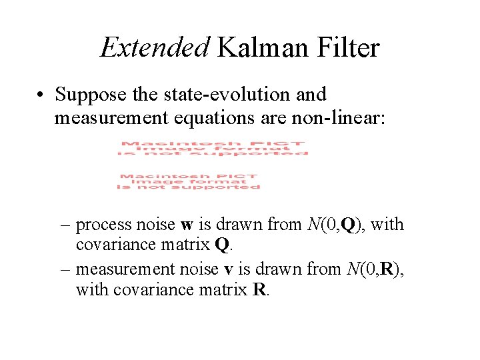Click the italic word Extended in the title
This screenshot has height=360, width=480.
155,47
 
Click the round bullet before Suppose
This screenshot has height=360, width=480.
41,95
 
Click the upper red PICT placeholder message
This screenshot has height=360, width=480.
213,148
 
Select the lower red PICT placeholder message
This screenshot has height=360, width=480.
189,181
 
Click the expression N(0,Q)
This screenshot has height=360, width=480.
336,225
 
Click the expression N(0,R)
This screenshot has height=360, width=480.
375,269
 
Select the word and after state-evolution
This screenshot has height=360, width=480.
311,95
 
